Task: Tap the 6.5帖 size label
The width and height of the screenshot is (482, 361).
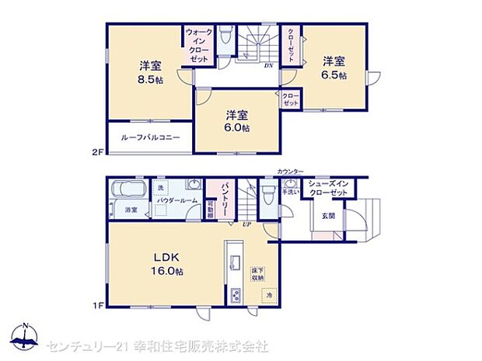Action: [x=334, y=75]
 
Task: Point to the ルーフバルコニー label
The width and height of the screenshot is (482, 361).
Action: [x=151, y=137]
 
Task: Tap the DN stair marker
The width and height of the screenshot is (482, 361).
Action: [x=267, y=66]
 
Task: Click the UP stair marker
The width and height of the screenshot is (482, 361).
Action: [x=247, y=226]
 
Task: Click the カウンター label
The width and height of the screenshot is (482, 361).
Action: [x=289, y=172]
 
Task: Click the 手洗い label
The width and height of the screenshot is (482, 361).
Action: [x=290, y=191]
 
